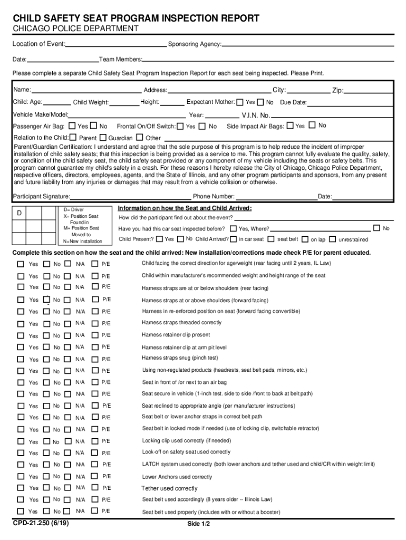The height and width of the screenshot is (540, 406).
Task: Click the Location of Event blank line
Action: [116, 44]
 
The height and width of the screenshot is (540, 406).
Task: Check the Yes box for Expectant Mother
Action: [240, 102]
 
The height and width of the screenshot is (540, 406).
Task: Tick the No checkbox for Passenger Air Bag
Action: [94, 126]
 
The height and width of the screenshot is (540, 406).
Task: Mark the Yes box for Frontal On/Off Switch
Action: [180, 126]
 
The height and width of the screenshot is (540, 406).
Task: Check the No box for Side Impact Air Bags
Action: [312, 126]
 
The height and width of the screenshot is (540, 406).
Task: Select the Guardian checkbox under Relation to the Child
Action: [103, 138]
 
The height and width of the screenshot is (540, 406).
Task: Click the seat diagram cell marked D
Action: [19, 213]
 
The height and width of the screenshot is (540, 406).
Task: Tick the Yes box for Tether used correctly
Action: [20, 488]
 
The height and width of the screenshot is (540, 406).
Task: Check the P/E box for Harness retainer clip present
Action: [95, 335]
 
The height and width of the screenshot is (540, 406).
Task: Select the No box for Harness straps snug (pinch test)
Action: [46, 359]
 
